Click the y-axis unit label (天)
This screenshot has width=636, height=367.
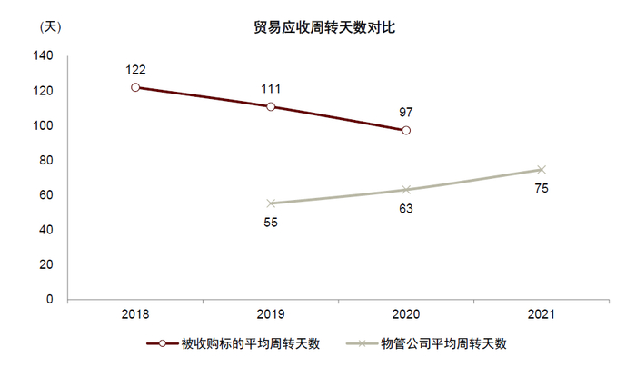(46, 27)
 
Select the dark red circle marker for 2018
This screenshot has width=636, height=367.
(135, 87)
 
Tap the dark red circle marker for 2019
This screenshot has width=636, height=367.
(271, 106)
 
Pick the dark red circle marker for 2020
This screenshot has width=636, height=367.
(406, 131)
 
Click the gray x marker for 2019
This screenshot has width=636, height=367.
(271, 203)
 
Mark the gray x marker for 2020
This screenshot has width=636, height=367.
(406, 190)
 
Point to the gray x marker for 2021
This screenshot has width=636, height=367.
(542, 169)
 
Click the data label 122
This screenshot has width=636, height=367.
(135, 69)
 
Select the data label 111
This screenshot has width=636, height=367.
(271, 88)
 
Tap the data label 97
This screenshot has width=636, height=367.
(406, 113)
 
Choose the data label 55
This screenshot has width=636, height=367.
(271, 223)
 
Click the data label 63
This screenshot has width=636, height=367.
(406, 209)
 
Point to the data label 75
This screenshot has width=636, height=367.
(542, 188)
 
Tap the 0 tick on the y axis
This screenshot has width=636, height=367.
(51, 300)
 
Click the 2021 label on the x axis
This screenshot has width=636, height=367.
(542, 314)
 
